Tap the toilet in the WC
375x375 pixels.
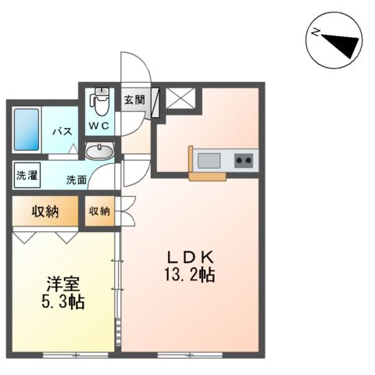(99, 100)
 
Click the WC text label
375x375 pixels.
(99, 125)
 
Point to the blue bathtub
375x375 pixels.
(25, 130)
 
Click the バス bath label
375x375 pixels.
(62, 132)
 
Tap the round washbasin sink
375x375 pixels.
(98, 152)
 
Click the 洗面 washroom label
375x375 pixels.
(77, 180)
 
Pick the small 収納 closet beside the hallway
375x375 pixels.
(99, 211)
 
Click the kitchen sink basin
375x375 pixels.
(209, 161)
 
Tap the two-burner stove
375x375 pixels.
(244, 161)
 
